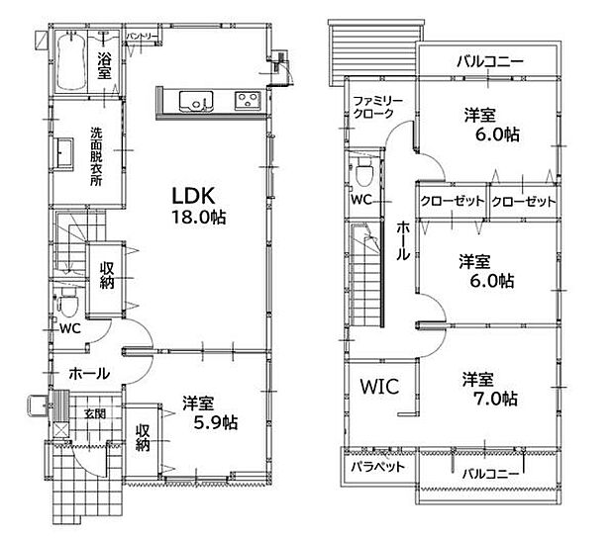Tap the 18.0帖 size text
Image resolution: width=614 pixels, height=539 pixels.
point(199,219)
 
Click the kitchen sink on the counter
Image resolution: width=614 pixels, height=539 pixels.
point(192,99)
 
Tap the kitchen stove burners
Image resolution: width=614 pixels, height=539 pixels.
point(245,99)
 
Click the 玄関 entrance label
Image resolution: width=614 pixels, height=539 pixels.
point(94,412)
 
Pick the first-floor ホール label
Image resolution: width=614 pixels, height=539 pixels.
point(89,373)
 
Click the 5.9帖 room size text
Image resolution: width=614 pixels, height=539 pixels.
point(208,422)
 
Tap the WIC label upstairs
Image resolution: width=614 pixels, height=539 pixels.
point(378,386)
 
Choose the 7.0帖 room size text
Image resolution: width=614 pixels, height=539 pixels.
point(490,399)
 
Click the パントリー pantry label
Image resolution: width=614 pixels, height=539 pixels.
point(143,37)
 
